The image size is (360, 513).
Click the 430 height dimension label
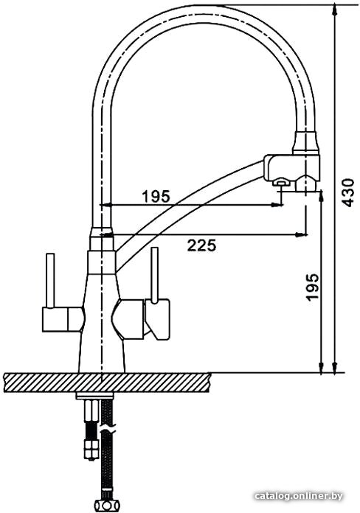(x=347, y=192)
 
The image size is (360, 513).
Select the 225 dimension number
(x=202, y=245)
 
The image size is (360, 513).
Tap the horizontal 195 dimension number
(x=156, y=196)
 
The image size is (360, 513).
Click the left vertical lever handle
(x=50, y=280)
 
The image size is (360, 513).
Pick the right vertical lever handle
(x=155, y=275)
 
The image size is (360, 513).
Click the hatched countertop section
(x=107, y=382)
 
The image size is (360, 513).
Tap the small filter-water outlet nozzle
(x=281, y=184)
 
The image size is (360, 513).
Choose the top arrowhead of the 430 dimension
(x=334, y=10)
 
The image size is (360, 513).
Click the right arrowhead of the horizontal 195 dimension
(x=277, y=205)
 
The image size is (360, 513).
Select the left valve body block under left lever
(x=62, y=318)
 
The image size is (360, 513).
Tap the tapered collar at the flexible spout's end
(x=306, y=143)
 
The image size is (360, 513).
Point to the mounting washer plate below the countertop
(x=94, y=396)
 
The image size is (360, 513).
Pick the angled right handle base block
(x=158, y=318)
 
